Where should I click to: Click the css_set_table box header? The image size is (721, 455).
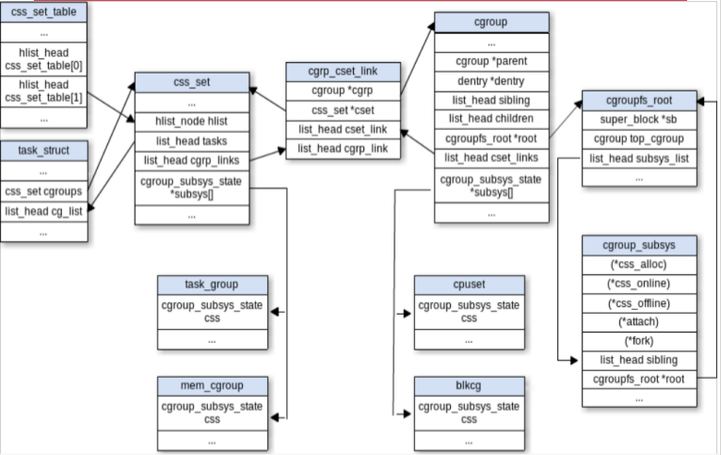click(x=44, y=12)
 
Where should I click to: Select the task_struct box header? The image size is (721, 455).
click(x=44, y=150)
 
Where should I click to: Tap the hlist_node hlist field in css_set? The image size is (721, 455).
click(x=192, y=121)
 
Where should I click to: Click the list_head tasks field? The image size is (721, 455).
click(x=192, y=140)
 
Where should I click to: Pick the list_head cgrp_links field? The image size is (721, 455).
click(x=192, y=159)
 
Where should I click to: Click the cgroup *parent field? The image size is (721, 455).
click(x=491, y=63)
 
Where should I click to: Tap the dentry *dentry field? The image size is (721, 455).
click(x=491, y=82)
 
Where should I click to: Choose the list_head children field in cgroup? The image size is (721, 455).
click(x=491, y=119)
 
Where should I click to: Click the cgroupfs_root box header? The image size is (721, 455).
click(x=639, y=101)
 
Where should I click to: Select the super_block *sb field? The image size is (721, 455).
click(x=639, y=121)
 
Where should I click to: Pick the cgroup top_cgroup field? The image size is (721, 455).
click(x=639, y=139)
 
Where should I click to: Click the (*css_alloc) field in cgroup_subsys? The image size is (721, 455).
click(x=640, y=265)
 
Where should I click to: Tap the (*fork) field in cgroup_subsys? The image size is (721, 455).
click(x=640, y=340)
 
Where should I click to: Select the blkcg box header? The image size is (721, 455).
click(x=469, y=384)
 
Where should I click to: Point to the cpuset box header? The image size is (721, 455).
click(x=469, y=284)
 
